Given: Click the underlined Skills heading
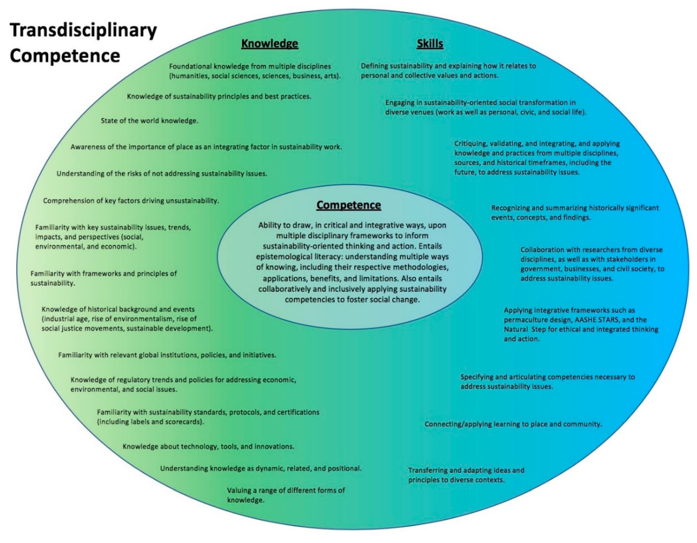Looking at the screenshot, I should click(x=430, y=43).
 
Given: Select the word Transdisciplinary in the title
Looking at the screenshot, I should click(x=83, y=31).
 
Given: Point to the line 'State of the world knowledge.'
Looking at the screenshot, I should click(x=149, y=121).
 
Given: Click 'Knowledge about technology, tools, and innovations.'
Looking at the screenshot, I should click(x=208, y=446).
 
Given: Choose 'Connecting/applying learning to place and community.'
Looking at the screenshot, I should click(x=513, y=424).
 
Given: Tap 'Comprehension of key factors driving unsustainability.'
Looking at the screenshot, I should click(x=131, y=201).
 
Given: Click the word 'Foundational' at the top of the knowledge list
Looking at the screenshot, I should click(x=190, y=66).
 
